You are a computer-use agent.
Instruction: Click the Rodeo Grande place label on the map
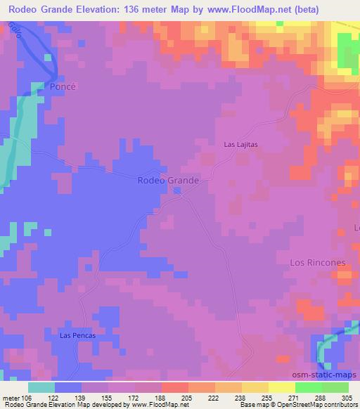[x=167, y=180]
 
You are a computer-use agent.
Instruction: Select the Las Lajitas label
[x=241, y=144]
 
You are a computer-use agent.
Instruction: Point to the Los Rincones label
[x=318, y=262]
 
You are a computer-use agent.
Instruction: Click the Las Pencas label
[x=77, y=335]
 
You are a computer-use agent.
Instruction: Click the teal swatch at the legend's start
[x=41, y=387]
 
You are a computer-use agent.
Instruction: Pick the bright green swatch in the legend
[x=308, y=387]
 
